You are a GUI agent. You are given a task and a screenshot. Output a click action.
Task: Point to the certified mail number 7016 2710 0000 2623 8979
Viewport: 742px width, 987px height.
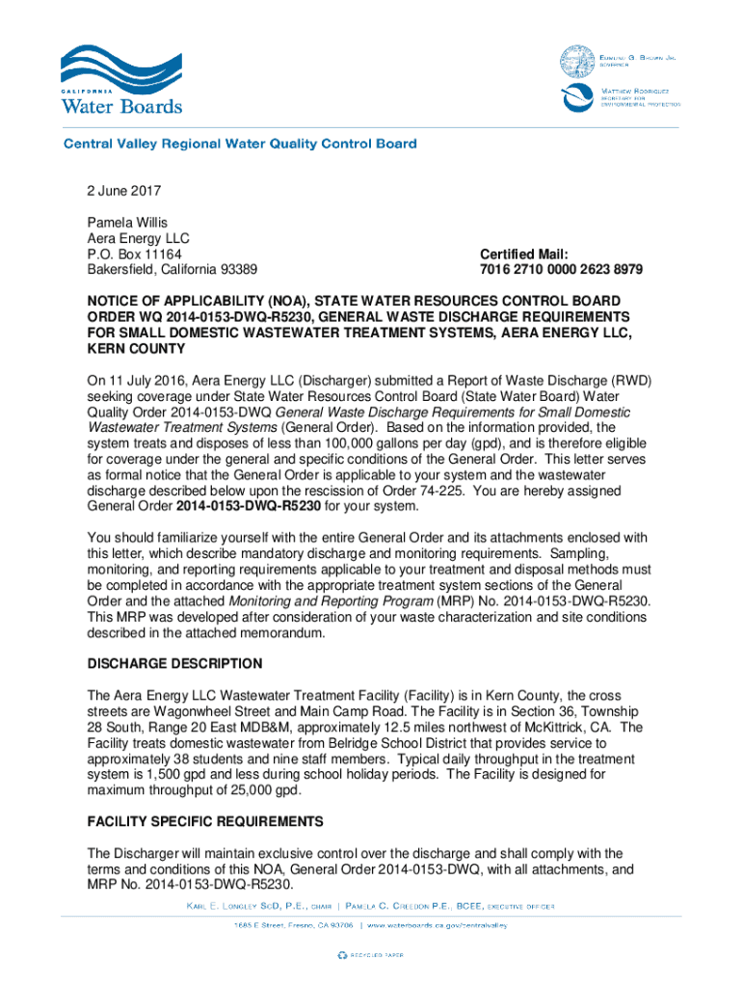[561, 269]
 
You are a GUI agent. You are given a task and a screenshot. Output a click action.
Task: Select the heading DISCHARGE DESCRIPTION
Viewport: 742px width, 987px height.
[174, 664]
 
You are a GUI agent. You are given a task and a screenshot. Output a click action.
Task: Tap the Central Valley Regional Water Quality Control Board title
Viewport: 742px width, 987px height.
[240, 145]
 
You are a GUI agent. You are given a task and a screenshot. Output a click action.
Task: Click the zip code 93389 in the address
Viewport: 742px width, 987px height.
[238, 269]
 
